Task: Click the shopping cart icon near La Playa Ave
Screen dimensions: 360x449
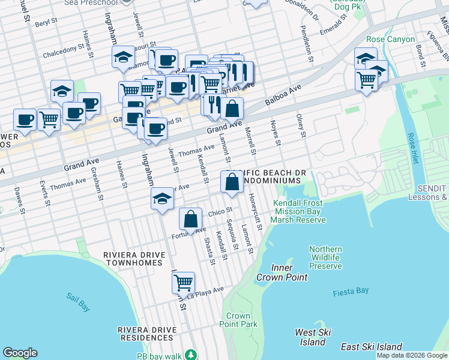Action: (183, 281)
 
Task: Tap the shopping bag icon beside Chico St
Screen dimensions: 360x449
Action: (190, 219)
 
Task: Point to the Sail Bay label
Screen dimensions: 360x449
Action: (78, 302)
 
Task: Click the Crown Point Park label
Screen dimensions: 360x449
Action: (238, 320)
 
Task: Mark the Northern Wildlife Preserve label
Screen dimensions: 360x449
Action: (325, 257)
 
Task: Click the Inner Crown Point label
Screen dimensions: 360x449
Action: (282, 272)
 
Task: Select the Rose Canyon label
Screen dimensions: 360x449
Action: (390, 40)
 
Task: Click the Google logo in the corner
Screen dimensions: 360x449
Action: (20, 353)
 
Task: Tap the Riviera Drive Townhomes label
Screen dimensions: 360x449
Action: (133, 259)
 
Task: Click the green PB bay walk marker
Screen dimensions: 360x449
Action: (190, 355)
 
